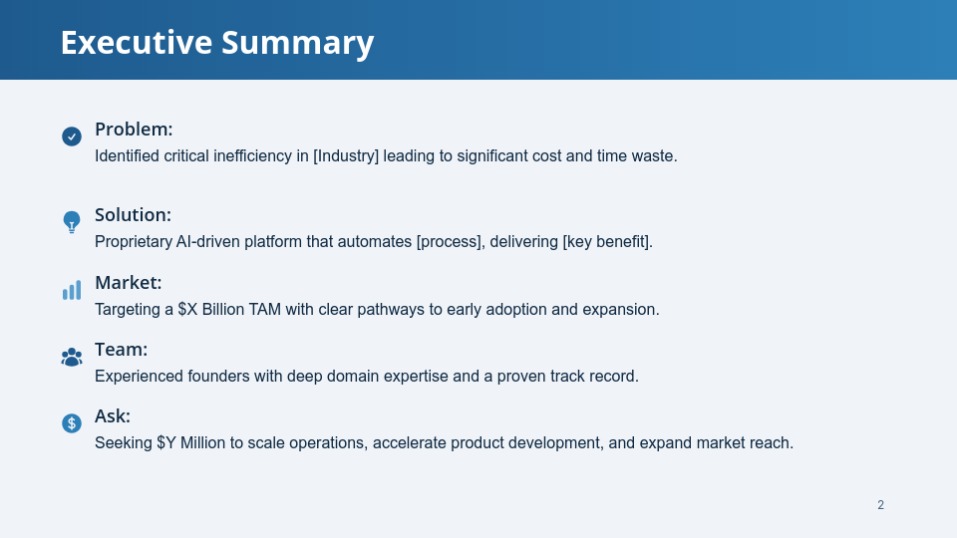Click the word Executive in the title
click(x=137, y=43)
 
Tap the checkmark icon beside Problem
click(x=72, y=136)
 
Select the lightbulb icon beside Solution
click(x=72, y=222)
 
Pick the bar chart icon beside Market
click(x=72, y=290)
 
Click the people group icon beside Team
click(x=72, y=357)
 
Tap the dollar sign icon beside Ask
click(x=72, y=423)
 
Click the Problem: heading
click(x=134, y=130)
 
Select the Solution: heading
click(x=133, y=215)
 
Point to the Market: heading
click(x=129, y=282)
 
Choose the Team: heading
click(x=121, y=350)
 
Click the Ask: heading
click(x=113, y=416)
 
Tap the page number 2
click(x=880, y=505)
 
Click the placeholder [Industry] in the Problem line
click(x=346, y=156)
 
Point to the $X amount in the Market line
click(x=187, y=309)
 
